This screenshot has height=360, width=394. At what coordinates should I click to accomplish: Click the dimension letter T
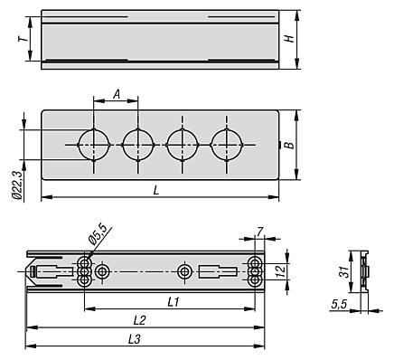[x=23, y=39]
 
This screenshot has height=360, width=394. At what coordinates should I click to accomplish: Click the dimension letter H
[x=289, y=39]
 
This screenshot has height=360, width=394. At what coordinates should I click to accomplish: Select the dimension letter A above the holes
[x=117, y=94]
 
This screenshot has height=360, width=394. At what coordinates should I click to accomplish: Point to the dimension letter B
[x=289, y=145]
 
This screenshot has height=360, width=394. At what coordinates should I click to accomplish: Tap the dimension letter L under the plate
[x=156, y=190]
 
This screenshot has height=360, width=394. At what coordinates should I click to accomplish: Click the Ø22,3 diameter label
[x=17, y=185]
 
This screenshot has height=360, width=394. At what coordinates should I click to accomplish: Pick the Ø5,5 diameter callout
[x=98, y=234]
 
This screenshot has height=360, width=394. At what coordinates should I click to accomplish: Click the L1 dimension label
[x=174, y=302]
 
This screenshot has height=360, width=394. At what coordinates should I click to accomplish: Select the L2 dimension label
[x=139, y=320]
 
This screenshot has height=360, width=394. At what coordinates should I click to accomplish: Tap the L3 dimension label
[x=135, y=340]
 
